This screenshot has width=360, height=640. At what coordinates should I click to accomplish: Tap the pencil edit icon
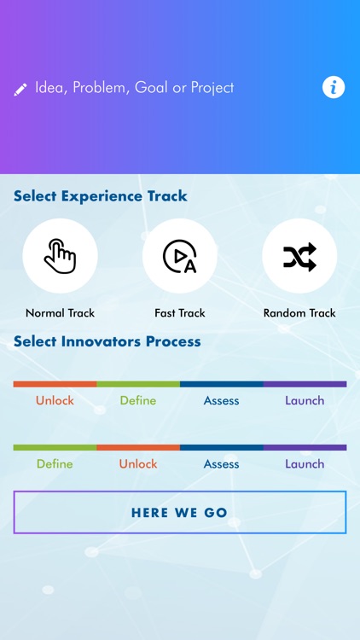(x=20, y=89)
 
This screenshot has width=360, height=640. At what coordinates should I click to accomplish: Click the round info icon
(x=334, y=87)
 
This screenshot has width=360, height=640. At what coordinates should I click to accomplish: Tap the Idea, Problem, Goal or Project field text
(x=134, y=88)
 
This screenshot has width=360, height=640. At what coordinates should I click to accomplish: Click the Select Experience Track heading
(x=101, y=196)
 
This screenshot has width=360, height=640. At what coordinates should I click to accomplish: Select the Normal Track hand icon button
(x=60, y=256)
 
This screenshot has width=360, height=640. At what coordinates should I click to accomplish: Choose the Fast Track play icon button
(x=180, y=256)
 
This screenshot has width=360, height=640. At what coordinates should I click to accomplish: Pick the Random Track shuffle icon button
(x=299, y=256)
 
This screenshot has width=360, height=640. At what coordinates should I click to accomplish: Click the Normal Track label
(x=61, y=313)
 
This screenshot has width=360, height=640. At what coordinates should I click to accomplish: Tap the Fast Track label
(x=180, y=313)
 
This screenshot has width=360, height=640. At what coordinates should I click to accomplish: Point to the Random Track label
(x=299, y=313)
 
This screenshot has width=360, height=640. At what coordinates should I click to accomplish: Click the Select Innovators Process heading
(x=107, y=341)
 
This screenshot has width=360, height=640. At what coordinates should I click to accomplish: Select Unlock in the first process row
(x=55, y=400)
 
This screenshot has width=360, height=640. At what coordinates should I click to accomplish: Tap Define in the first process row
(x=138, y=400)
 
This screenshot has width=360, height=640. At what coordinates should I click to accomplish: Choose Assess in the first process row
(x=221, y=400)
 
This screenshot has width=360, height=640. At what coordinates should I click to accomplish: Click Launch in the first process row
(x=305, y=400)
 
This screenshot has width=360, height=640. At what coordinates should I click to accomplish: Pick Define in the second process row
(x=55, y=464)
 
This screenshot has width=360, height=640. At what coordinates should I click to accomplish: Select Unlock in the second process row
(x=138, y=464)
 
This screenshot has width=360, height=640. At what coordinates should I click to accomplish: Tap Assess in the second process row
(x=221, y=464)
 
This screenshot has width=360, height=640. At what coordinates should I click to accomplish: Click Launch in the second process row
(x=305, y=464)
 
